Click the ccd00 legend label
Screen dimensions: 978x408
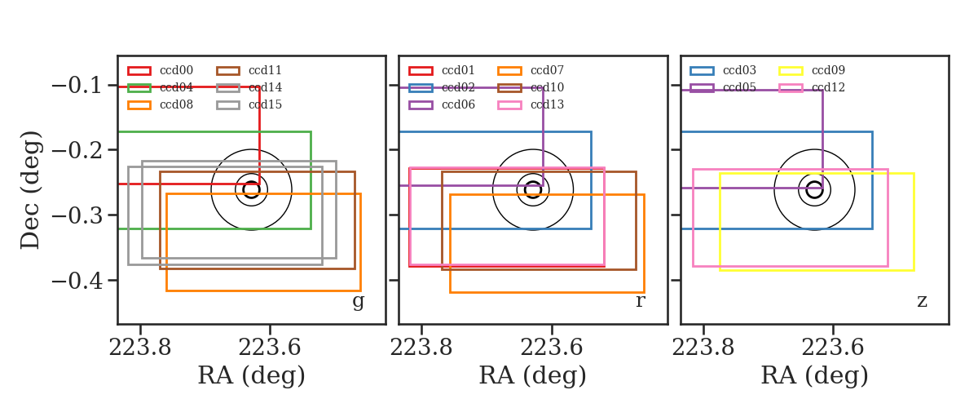click(176, 70)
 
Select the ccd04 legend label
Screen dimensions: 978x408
click(176, 87)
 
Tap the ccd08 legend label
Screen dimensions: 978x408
click(176, 104)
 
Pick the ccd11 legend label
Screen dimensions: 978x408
click(265, 70)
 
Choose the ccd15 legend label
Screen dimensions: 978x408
click(265, 104)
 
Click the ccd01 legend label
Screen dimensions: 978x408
click(458, 70)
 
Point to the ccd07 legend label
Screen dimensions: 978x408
click(547, 70)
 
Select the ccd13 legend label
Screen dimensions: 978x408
click(547, 104)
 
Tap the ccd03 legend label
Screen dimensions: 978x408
click(740, 70)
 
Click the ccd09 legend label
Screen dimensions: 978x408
click(828, 70)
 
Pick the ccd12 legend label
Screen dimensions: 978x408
click(828, 87)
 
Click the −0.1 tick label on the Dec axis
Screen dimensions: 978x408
click(77, 85)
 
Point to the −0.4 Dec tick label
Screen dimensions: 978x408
click(77, 281)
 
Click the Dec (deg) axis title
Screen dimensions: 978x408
click(31, 190)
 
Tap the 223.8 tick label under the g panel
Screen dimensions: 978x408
click(139, 348)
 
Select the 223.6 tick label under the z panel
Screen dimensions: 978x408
click(833, 348)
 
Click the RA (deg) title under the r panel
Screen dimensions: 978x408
click(533, 375)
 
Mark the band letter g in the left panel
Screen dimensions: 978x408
click(358, 302)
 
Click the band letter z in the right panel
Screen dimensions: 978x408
click(922, 301)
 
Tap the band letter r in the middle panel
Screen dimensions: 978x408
click(640, 301)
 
